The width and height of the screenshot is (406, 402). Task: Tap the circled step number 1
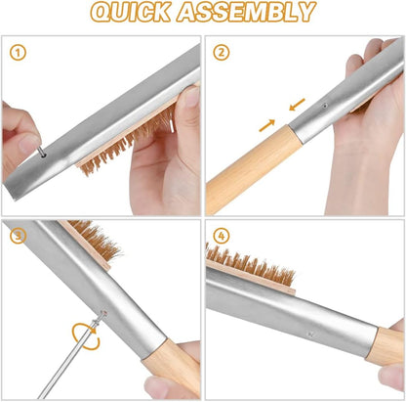[x=19, y=54]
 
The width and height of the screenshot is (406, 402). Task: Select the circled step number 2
[x=223, y=54]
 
